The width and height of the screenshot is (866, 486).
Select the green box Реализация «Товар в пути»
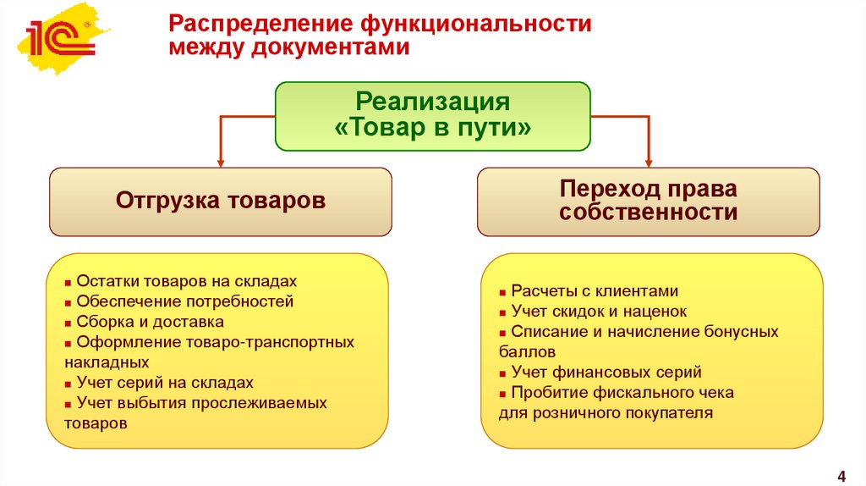[x=432, y=116]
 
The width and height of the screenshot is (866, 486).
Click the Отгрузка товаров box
[x=220, y=202]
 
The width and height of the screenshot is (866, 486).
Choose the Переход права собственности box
[x=648, y=201]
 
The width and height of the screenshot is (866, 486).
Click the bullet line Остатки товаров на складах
[x=186, y=280]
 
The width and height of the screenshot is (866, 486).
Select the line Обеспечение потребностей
[x=184, y=301]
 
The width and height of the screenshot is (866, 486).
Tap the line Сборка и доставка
[x=150, y=322]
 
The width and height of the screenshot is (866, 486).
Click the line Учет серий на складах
[x=164, y=383]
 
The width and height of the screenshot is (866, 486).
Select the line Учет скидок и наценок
[x=599, y=311]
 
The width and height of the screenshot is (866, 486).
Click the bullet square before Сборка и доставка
[x=68, y=323]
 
